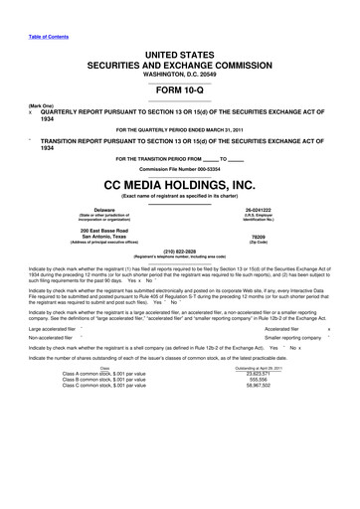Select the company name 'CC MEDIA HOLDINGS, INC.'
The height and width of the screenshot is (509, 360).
pyautogui.click(x=179, y=185)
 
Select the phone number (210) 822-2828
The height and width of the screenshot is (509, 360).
pyautogui.click(x=179, y=252)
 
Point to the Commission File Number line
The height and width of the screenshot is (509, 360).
pyautogui.click(x=179, y=169)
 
